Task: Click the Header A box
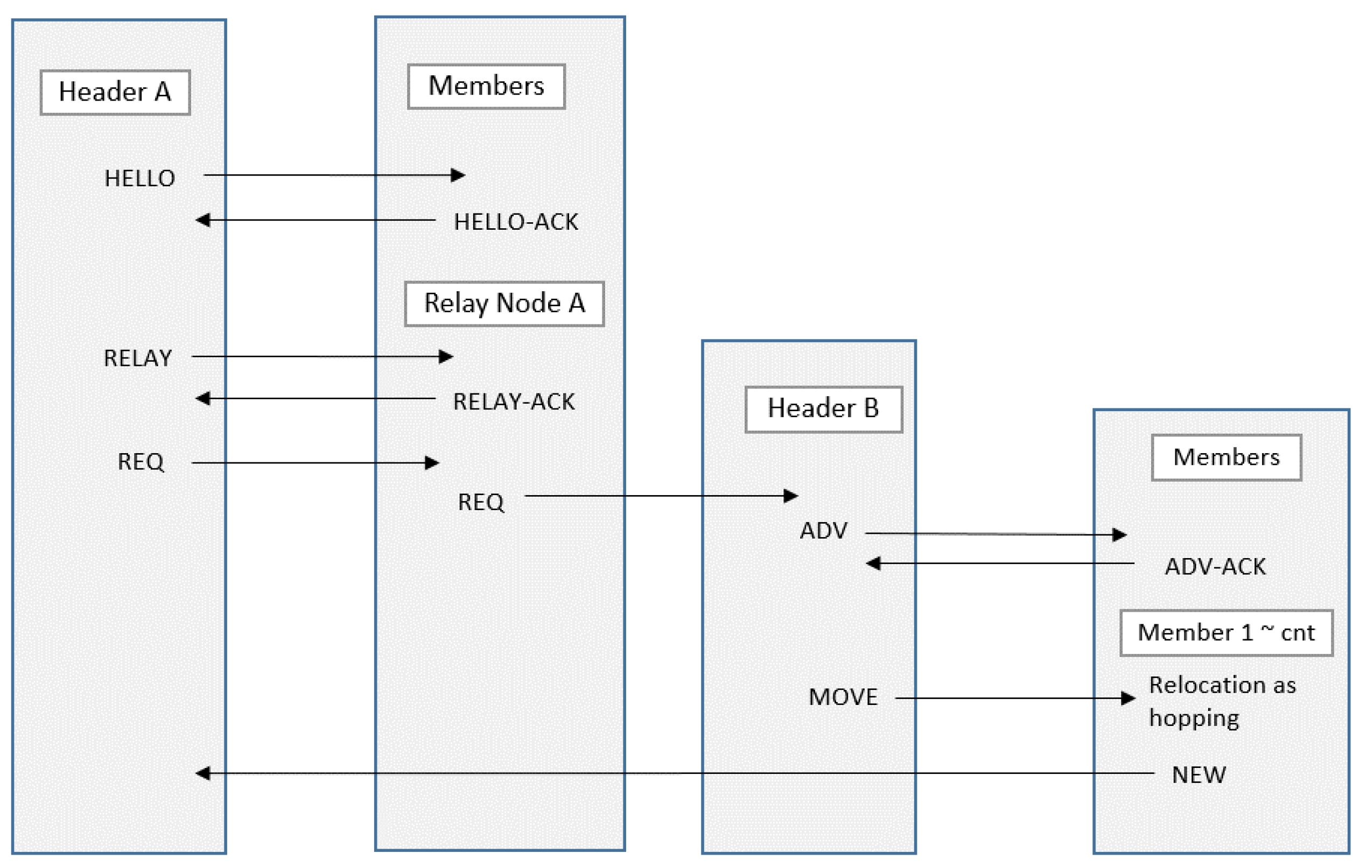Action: coord(115,93)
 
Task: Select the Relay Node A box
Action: coord(504,304)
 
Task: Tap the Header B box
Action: coord(824,409)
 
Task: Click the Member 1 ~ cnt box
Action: coord(1226,633)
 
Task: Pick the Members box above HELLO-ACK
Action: coord(486,86)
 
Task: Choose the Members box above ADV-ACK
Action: coord(1226,457)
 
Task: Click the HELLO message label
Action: coord(139,179)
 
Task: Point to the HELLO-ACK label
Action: coord(515,222)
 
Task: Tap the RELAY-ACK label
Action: coord(514,401)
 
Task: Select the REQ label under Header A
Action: coord(141,462)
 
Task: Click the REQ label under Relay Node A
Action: coord(481,502)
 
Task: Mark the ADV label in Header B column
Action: coord(824,531)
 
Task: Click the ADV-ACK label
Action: coord(1215,567)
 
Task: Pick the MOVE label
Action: coord(843,697)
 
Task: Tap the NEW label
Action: coord(1199,775)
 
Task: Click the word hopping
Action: coord(1194,718)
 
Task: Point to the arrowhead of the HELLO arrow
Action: coord(459,175)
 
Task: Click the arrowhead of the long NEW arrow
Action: coord(202,773)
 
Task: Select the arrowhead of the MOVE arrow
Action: coord(1128,699)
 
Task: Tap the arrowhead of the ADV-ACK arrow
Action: coord(874,563)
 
